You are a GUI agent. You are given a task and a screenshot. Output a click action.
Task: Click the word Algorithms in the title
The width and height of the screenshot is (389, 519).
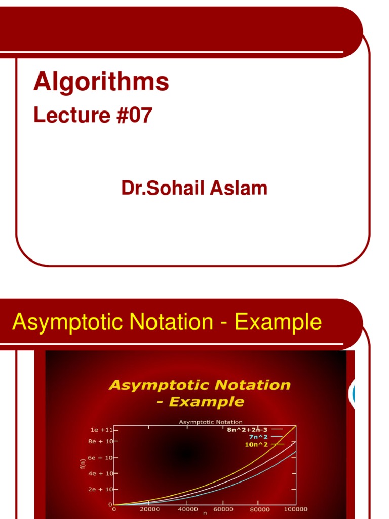[101, 82]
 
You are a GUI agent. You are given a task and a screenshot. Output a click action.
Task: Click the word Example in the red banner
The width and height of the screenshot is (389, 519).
[278, 322]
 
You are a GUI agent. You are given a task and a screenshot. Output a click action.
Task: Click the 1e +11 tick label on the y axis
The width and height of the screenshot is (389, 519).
[101, 429]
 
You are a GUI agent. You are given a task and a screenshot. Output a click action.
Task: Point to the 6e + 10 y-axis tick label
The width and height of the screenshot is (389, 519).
[101, 458]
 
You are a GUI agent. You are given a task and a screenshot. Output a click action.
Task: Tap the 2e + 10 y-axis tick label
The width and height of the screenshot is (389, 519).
[101, 490]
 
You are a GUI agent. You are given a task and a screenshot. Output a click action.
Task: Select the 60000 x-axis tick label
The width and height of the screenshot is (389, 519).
[223, 509]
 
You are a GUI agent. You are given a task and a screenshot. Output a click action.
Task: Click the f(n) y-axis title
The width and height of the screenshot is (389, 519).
[83, 463]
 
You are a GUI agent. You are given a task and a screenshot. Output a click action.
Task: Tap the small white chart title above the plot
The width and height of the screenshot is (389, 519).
[210, 422]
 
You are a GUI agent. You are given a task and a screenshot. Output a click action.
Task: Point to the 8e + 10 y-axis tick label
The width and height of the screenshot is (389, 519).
[101, 441]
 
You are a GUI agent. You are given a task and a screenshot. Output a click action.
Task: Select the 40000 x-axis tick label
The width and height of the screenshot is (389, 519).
[187, 509]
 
